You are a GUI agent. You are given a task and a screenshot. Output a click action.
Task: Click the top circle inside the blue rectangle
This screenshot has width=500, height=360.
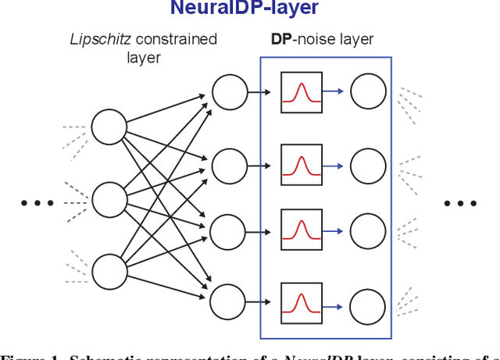click(367, 93)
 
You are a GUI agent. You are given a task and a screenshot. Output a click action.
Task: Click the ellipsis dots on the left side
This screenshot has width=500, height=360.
click(37, 203)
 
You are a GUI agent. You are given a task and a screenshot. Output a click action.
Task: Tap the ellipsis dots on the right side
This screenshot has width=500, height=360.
click(460, 203)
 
